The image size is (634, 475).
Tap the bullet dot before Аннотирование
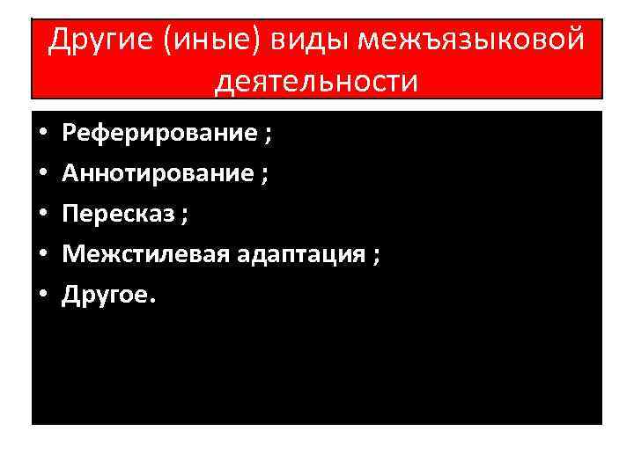(43, 175)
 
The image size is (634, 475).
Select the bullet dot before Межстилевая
(43, 256)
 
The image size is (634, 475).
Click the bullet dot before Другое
(43, 296)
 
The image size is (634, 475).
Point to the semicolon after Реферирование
(267, 136)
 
